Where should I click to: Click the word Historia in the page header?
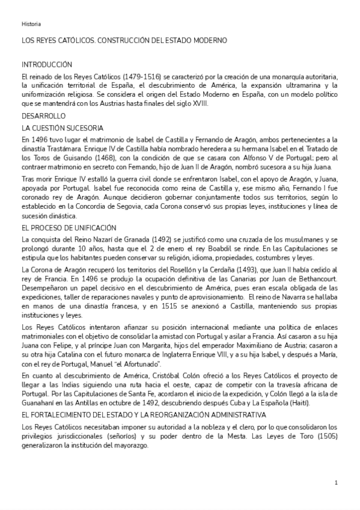click(x=31, y=24)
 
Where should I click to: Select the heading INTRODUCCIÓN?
click(x=47, y=64)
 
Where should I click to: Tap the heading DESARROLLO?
click(x=43, y=115)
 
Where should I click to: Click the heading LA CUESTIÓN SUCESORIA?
click(x=63, y=127)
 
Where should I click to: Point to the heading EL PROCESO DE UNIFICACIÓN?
click(x=69, y=227)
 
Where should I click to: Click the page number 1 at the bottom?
click(x=337, y=482)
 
